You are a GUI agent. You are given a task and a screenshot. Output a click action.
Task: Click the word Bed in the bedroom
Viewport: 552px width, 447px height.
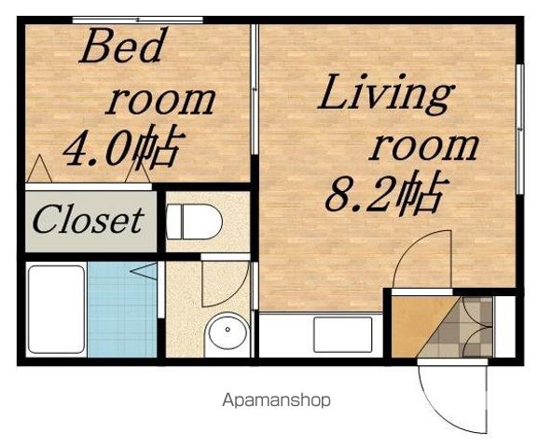coord(123,45)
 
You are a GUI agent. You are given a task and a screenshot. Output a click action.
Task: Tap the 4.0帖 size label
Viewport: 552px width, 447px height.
coord(124,147)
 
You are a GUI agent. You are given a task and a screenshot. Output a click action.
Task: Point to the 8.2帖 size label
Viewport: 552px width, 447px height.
coord(387,193)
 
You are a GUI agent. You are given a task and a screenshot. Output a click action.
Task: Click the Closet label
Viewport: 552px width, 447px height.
coord(89,221)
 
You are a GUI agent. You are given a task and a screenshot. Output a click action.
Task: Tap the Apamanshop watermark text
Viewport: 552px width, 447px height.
coord(276,400)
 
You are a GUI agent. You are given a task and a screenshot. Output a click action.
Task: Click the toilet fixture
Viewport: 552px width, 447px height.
coord(194,222)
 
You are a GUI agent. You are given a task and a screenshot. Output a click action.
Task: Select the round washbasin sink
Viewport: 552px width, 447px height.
coord(228,332)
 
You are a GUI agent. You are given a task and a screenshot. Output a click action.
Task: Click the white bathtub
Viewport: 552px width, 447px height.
coord(56,309)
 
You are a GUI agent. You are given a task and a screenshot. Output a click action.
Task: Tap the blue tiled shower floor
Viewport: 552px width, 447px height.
coord(122,309)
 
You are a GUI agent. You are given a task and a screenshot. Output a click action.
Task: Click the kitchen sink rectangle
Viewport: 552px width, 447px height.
coord(342,334)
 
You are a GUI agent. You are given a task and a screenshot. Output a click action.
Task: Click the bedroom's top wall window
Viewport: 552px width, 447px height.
coord(138,20)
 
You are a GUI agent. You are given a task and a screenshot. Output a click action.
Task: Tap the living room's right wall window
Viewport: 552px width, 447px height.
coord(520,129)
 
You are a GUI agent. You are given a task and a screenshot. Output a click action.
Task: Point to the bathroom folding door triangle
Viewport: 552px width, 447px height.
coord(144,271)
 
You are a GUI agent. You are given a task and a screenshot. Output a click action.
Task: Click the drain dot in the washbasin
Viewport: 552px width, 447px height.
coord(228,330)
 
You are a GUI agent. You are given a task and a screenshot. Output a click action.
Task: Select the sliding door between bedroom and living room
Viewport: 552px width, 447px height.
coord(255,89)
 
